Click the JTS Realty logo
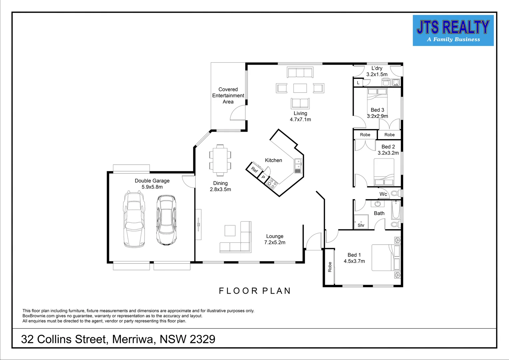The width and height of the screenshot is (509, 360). coord(453,30)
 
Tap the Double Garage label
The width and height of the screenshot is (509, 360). coord(152,181)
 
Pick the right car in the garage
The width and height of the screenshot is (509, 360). coord(166,220)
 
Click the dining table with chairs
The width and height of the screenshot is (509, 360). coord(220,160)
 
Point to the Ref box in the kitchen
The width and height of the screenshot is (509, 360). coord(254,169)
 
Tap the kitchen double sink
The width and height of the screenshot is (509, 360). coord(298,166)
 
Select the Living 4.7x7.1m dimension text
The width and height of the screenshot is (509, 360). coord(300,119)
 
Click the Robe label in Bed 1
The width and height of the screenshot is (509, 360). coord(330,267)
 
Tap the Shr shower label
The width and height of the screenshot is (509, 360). coord(361,225)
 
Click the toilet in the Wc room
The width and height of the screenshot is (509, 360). coord(395,193)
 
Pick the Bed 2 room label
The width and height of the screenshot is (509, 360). coord(388,147)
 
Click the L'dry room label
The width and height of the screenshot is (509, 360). coord(377,68)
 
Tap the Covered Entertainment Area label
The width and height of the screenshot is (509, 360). coord(228,96)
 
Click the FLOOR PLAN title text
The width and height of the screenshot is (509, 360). coord(255,291)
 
